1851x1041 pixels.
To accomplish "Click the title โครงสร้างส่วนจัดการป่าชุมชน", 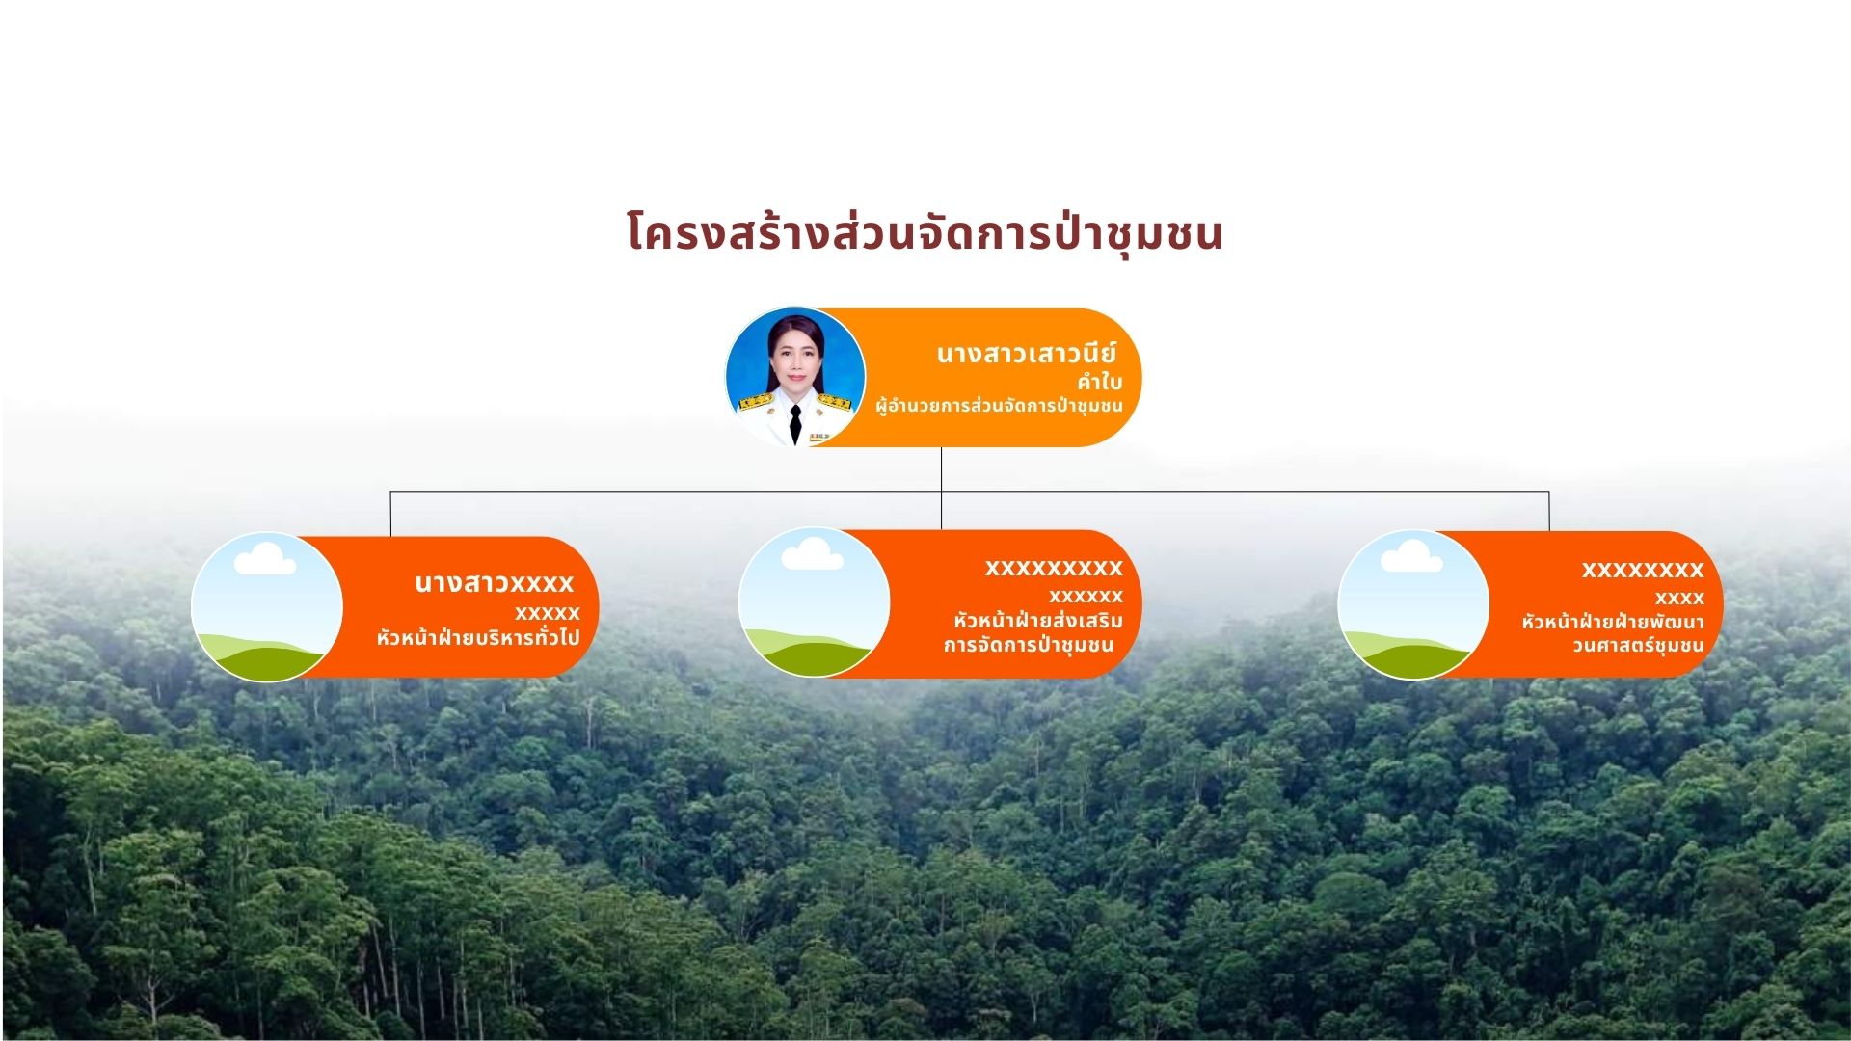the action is coord(925,234).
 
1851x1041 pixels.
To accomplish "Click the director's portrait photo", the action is coord(795,377).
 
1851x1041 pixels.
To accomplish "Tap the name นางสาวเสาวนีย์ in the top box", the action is coord(1026,354).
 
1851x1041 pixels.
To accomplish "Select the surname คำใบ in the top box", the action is coord(1099,382).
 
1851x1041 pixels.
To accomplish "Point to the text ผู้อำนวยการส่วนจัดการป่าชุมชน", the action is coord(999,406).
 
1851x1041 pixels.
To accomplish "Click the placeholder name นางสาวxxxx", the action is coord(494,583).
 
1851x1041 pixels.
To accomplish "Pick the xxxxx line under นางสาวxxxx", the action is coord(547,613).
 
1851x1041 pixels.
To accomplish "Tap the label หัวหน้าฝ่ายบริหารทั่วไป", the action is coord(478,637).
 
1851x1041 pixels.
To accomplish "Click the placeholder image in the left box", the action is coord(267,607).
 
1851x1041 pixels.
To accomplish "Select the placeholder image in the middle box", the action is coord(814,602).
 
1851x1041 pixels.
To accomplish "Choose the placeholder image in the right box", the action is coord(1413,604).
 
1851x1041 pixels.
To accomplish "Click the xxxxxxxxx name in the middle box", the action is coord(1054,568).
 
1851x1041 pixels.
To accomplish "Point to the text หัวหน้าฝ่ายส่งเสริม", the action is coord(1038,621).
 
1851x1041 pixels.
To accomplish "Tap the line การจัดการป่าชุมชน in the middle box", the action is coord(1029,645).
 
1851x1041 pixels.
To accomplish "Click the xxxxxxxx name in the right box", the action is coord(1643,570).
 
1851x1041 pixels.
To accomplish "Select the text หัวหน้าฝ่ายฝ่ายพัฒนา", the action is coord(1613,622).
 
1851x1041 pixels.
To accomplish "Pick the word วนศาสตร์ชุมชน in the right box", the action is coord(1638,646).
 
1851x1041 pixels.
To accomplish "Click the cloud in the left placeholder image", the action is coord(265,559).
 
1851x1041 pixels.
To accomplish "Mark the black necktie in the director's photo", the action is coord(795,424).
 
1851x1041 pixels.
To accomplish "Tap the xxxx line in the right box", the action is coord(1679,598).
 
